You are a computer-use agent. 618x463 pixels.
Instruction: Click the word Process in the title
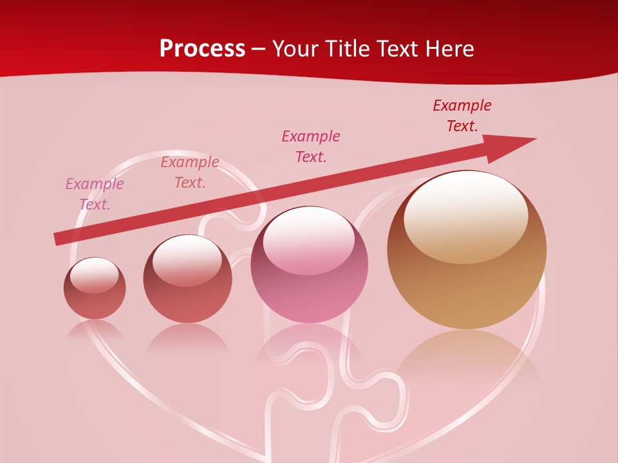[x=202, y=49]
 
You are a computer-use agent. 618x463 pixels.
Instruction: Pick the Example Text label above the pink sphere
[x=311, y=146]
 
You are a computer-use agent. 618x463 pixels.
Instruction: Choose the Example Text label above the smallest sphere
[x=95, y=194]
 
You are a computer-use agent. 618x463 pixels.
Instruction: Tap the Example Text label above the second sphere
[x=190, y=172]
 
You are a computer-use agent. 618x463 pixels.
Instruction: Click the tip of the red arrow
[x=534, y=139]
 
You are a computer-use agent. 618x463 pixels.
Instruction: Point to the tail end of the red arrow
[x=57, y=239]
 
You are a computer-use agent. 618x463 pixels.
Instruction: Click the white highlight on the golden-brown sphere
[x=466, y=215]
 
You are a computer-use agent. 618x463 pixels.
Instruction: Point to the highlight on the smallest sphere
[x=95, y=275]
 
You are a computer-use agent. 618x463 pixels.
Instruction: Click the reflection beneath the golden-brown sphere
[x=467, y=354]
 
